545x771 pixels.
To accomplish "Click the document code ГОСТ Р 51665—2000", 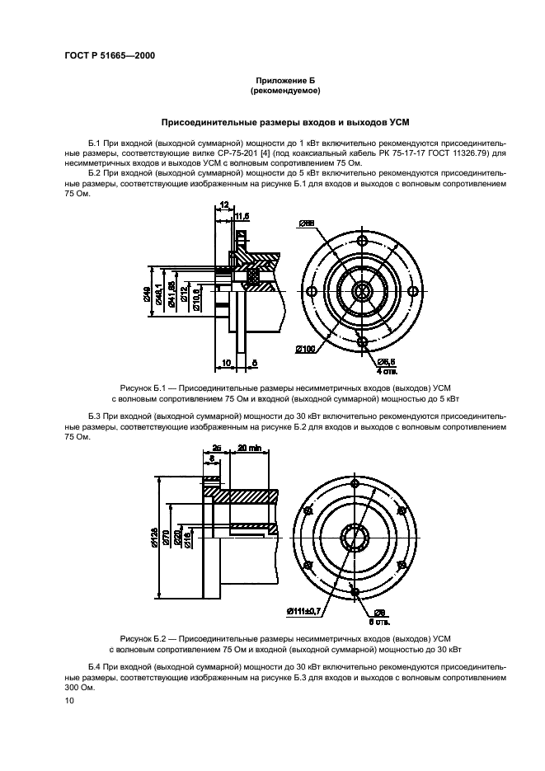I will tap(110, 55).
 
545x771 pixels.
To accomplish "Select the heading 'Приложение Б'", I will tap(285, 80).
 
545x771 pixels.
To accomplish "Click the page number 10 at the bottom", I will tap(69, 700).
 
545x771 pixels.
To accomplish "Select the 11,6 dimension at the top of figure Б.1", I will tap(242, 216).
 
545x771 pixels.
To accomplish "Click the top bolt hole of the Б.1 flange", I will tap(361, 241).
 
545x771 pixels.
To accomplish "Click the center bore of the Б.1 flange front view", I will tap(361, 292).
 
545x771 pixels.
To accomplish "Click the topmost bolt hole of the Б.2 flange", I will tap(355, 484).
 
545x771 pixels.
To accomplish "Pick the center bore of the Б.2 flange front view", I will tap(355, 538).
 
